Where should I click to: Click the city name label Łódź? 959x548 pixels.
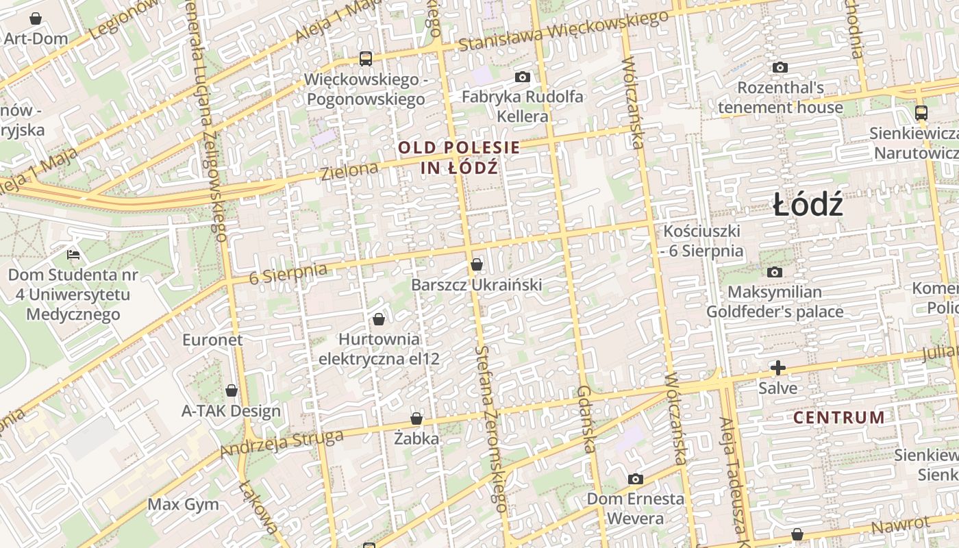tap(808, 205)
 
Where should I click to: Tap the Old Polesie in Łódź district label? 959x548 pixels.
tap(459, 157)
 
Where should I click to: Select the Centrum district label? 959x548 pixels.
tap(839, 417)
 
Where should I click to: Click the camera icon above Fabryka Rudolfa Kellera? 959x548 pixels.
tap(523, 77)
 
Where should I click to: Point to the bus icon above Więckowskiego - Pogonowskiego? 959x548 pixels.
tap(366, 59)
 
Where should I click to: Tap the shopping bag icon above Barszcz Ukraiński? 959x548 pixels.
tap(477, 264)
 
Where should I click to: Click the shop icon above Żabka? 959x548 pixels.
tap(416, 419)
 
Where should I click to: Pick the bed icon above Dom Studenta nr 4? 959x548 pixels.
tap(73, 256)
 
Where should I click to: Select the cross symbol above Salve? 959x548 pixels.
tap(777, 369)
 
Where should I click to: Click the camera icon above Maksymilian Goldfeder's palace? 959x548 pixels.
tap(775, 273)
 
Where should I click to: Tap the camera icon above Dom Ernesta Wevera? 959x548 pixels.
tap(636, 479)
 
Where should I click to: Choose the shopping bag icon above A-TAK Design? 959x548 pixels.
tap(232, 390)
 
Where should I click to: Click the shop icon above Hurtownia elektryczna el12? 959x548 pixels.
tap(379, 319)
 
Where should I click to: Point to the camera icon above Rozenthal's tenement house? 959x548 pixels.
tap(780, 68)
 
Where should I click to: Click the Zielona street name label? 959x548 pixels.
tap(349, 171)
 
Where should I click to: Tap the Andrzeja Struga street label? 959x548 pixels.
tap(282, 445)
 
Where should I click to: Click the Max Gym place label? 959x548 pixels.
tap(184, 505)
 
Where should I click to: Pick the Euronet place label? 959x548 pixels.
tap(212, 340)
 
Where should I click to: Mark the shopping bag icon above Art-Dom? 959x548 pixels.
tap(36, 18)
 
